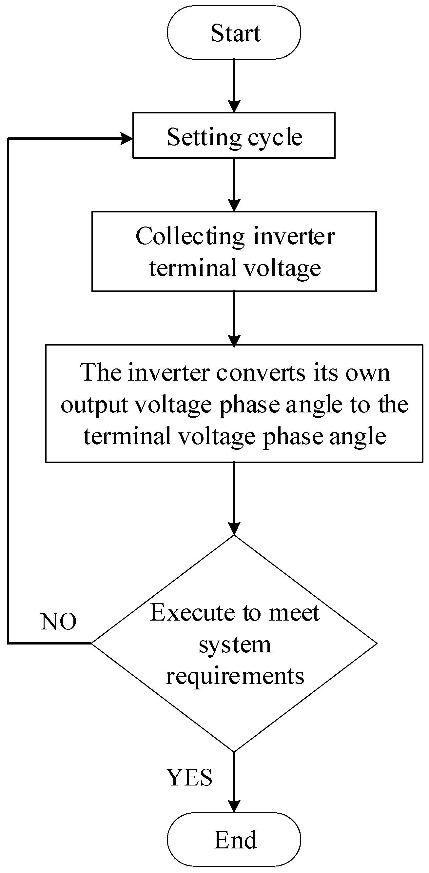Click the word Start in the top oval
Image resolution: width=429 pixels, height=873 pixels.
(x=235, y=33)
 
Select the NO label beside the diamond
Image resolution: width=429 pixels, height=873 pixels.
(x=59, y=622)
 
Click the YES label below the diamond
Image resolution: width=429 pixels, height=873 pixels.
(x=189, y=777)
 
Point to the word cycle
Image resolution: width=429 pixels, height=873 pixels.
(x=275, y=138)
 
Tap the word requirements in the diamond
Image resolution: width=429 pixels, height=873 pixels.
(x=235, y=676)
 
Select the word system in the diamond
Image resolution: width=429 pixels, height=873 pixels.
(x=235, y=645)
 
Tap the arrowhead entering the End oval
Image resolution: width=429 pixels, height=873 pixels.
(x=234, y=806)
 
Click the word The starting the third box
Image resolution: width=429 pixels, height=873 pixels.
(x=101, y=373)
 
